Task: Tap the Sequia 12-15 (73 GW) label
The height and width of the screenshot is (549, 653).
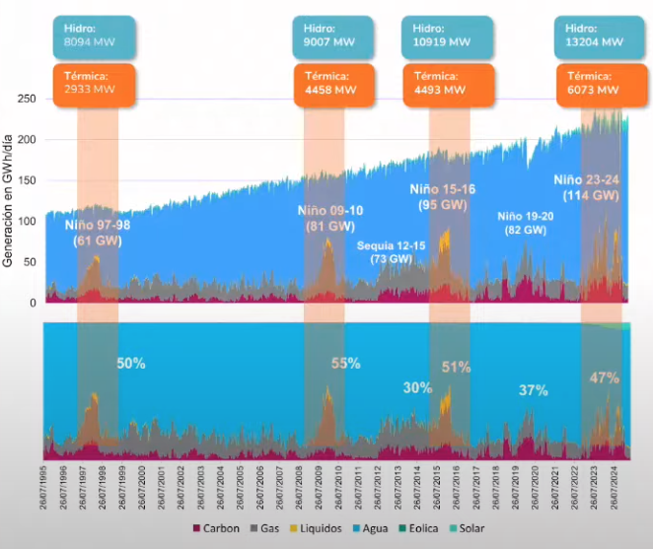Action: pos(391,251)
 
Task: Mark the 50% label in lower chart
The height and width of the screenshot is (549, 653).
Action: pos(131,363)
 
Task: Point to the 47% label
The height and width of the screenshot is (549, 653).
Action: pos(603,377)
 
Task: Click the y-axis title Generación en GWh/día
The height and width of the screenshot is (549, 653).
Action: pos(9,202)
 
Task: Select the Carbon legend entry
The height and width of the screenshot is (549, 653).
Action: pos(216,528)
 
